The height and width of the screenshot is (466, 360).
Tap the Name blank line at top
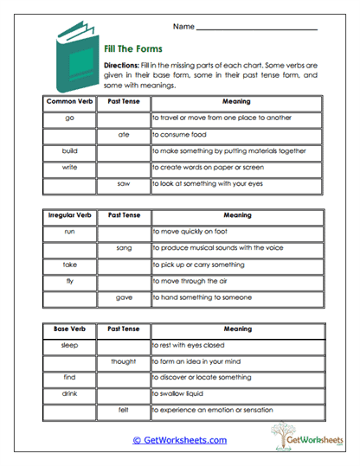point(256,28)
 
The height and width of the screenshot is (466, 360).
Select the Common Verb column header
point(70,102)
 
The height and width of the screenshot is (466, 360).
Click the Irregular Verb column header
point(70,215)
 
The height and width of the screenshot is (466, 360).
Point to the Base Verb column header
point(70,329)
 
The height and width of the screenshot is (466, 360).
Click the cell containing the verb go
point(70,118)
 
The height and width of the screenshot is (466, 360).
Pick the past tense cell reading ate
point(123,134)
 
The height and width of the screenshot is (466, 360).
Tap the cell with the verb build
point(70,150)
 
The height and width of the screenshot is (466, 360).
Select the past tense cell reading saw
point(123,183)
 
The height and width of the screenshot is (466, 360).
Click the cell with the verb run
point(70,232)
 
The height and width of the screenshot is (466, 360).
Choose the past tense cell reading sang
point(123,248)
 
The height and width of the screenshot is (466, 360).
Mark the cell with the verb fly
point(70,281)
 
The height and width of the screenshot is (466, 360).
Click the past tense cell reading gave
point(123,297)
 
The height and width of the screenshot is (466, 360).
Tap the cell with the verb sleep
point(70,345)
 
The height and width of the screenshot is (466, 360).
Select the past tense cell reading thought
point(123,361)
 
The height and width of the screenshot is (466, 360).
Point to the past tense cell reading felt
point(123,411)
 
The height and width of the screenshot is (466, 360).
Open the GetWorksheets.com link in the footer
point(180,440)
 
